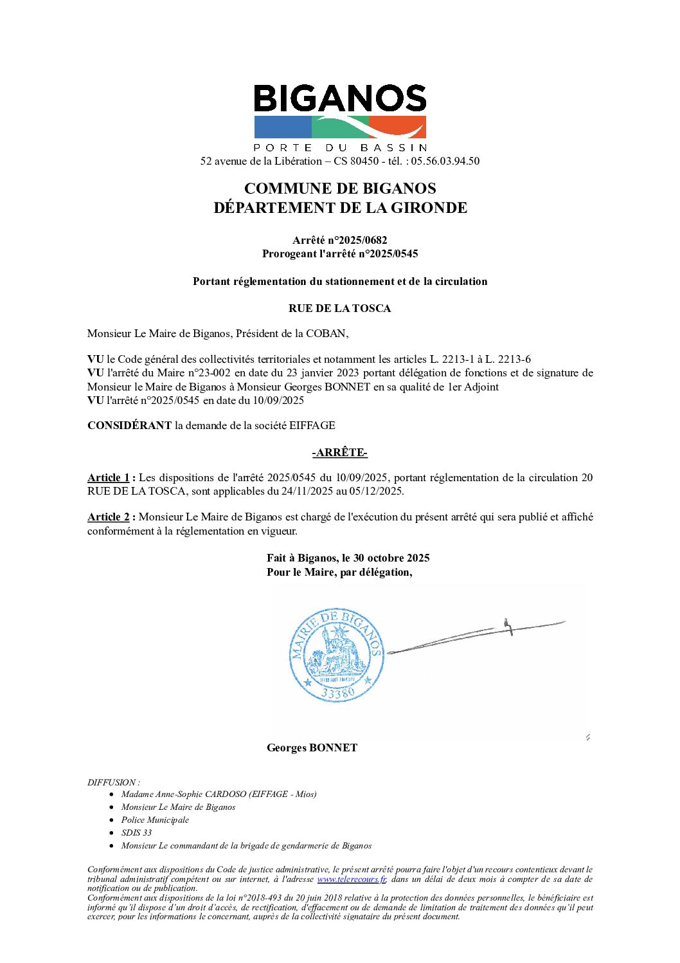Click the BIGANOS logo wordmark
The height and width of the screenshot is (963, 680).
(340, 99)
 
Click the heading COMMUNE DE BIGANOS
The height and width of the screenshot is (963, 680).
(340, 188)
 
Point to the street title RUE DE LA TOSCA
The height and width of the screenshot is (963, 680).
(339, 308)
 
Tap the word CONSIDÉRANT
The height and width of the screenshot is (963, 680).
(129, 425)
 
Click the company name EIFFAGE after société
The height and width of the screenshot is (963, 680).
(312, 425)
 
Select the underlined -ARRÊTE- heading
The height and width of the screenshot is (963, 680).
(339, 452)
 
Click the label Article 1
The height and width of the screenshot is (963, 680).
(109, 477)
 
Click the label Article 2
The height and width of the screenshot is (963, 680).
(109, 517)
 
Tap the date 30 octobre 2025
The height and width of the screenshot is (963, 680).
(391, 558)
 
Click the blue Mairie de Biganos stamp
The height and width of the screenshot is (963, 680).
(337, 654)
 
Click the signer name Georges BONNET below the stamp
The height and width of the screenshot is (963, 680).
(312, 747)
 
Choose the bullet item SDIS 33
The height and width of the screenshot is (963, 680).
(136, 832)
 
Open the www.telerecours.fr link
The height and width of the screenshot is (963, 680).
(352, 879)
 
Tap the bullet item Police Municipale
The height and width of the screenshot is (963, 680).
(155, 820)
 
